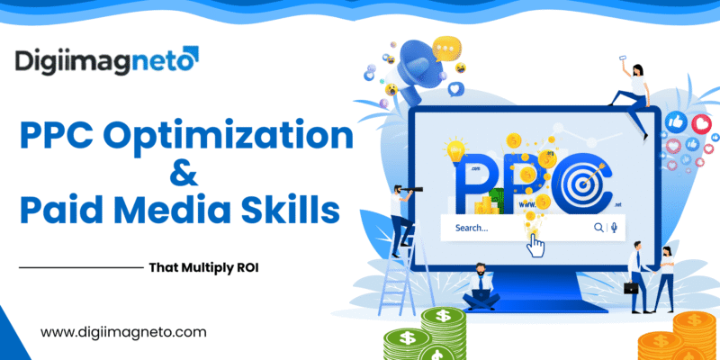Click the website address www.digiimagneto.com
123,332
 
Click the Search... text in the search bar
472,228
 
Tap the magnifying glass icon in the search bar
598,228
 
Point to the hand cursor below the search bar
536,245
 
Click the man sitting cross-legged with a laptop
480,288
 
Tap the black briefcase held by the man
632,288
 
